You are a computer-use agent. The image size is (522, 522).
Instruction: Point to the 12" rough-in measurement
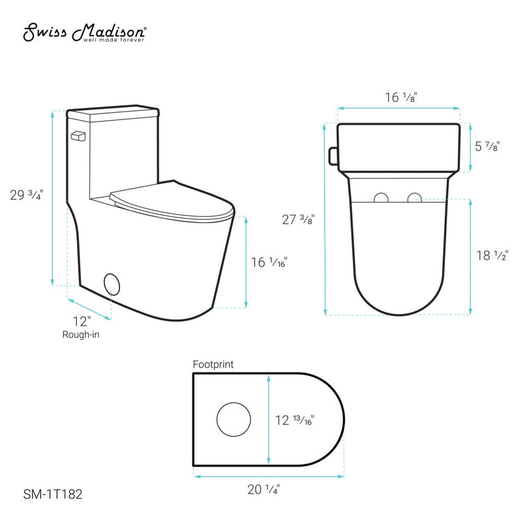click(83, 320)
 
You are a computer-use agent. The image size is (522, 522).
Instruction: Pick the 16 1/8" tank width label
click(401, 97)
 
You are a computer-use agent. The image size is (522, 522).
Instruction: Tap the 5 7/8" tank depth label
click(487, 147)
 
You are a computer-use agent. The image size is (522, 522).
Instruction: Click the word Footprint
click(213, 365)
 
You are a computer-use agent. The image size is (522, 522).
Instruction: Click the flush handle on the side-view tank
click(78, 136)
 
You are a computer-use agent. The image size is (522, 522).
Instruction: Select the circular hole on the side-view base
click(112, 284)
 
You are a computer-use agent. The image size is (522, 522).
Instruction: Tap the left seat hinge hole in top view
click(382, 198)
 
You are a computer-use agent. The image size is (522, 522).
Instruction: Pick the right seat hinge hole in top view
click(414, 198)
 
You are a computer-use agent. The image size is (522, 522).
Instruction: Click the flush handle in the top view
click(333, 156)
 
